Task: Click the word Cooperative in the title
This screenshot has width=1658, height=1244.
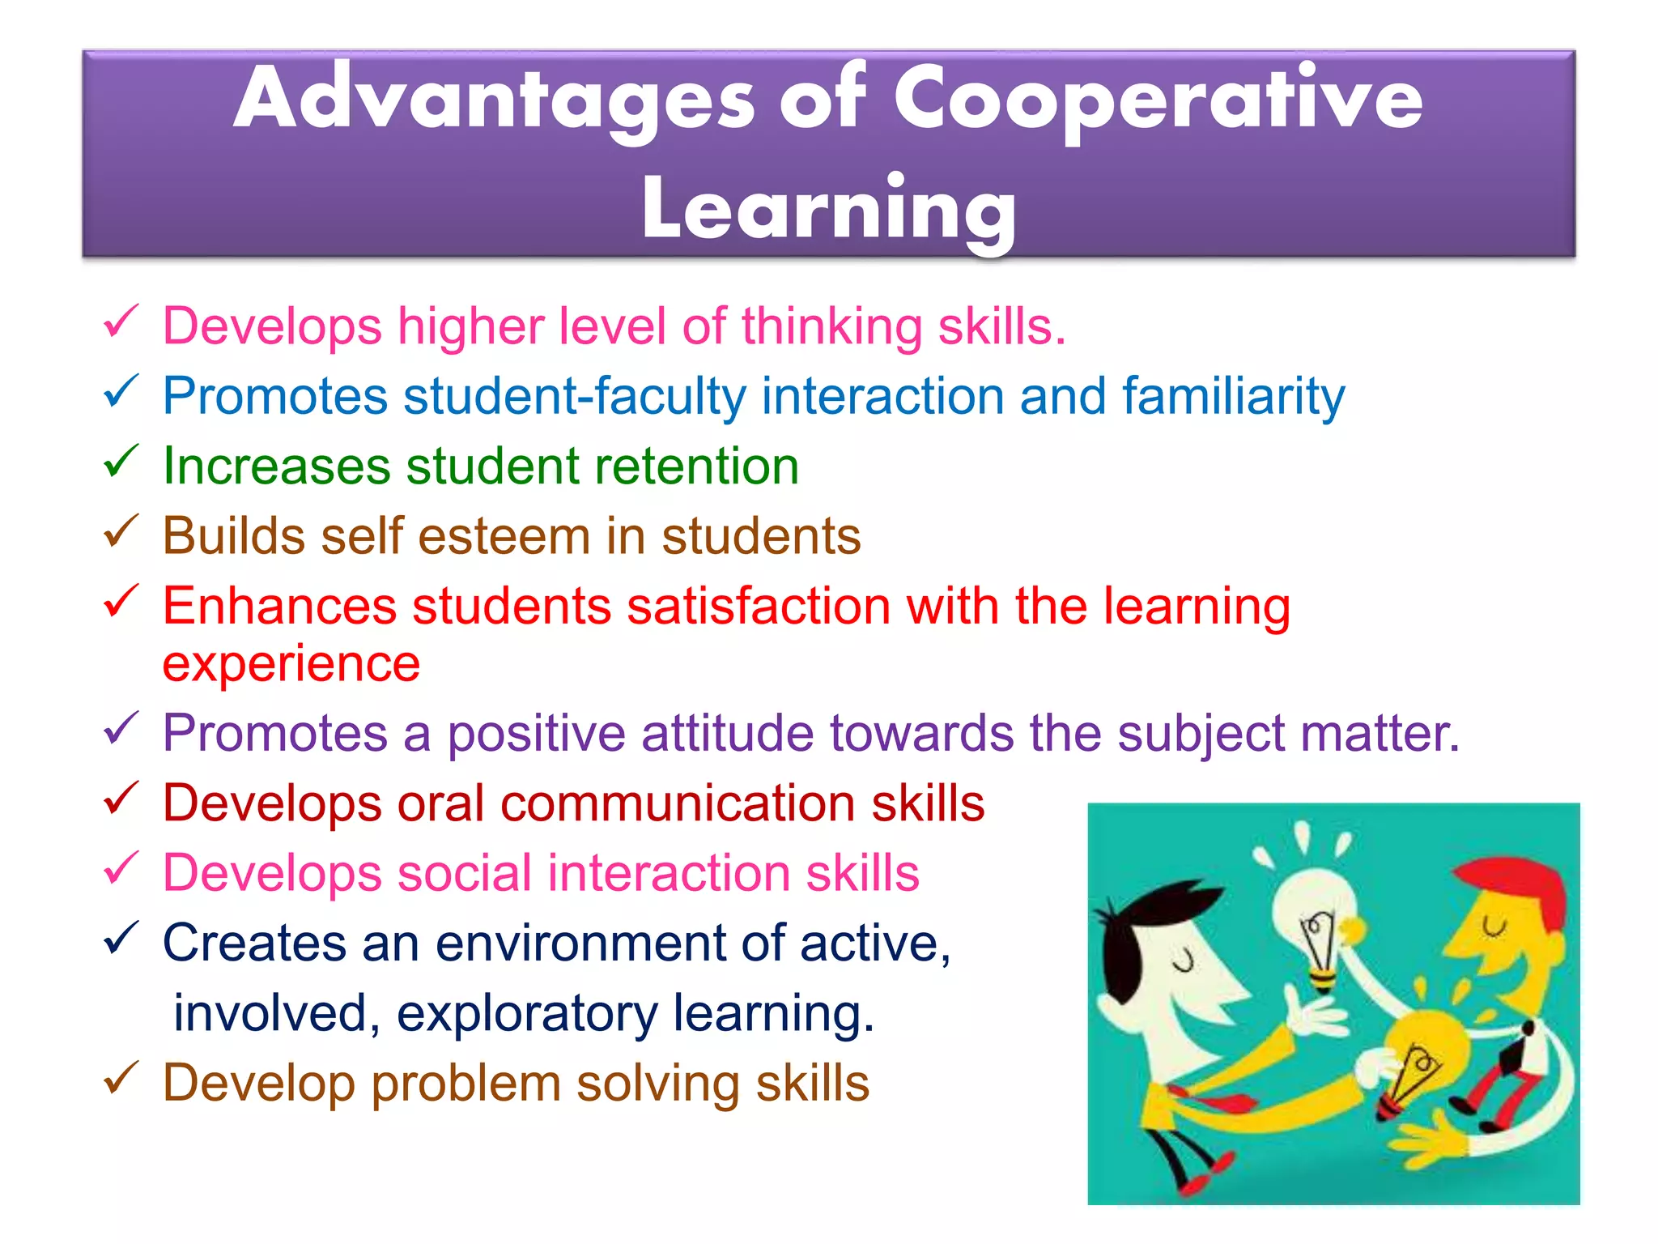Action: coord(1158,101)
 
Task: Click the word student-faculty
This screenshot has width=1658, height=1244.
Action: coord(575,397)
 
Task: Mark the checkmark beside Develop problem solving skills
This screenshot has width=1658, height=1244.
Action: coord(121,1079)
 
